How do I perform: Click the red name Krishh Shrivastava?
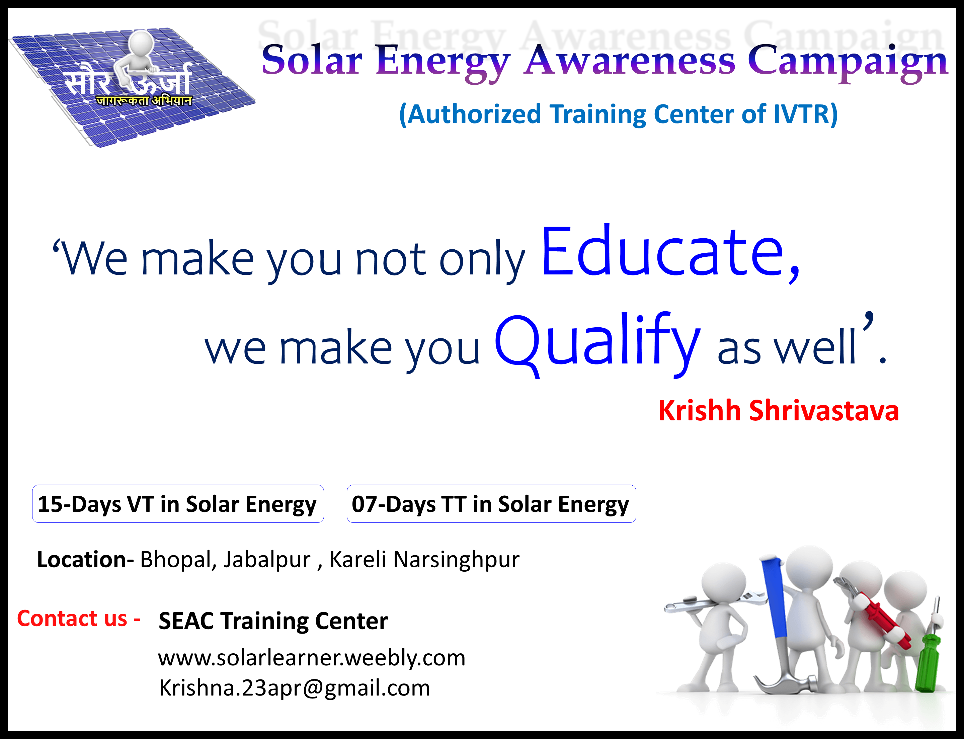point(778,410)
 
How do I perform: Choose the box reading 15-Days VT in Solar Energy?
point(178,504)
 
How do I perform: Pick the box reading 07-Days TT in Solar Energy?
point(491,504)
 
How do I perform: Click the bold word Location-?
point(85,560)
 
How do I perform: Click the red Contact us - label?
point(79,619)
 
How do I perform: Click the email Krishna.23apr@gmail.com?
point(294,687)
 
